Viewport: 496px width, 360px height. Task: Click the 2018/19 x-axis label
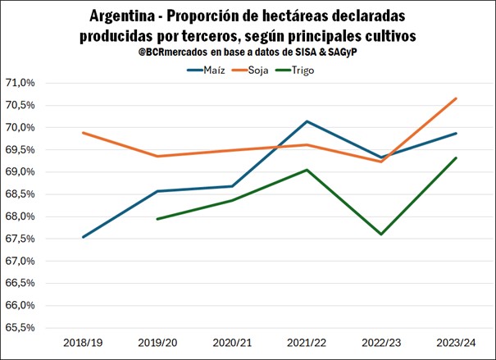click(x=82, y=342)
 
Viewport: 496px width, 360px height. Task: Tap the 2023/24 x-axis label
click(x=456, y=342)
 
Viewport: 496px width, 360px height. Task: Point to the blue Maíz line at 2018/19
click(x=83, y=237)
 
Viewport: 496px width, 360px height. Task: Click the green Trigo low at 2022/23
click(x=381, y=235)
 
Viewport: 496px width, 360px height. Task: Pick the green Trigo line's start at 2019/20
click(x=157, y=219)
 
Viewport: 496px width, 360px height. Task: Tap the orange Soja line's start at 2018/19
click(x=83, y=133)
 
